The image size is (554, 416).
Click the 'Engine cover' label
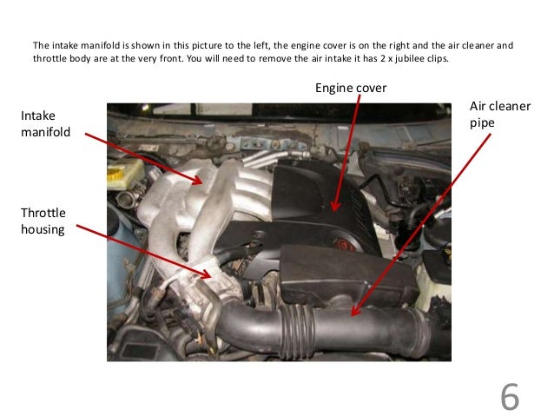350,88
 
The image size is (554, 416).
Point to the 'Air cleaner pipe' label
499,114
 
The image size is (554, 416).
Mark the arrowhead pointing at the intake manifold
203,182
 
